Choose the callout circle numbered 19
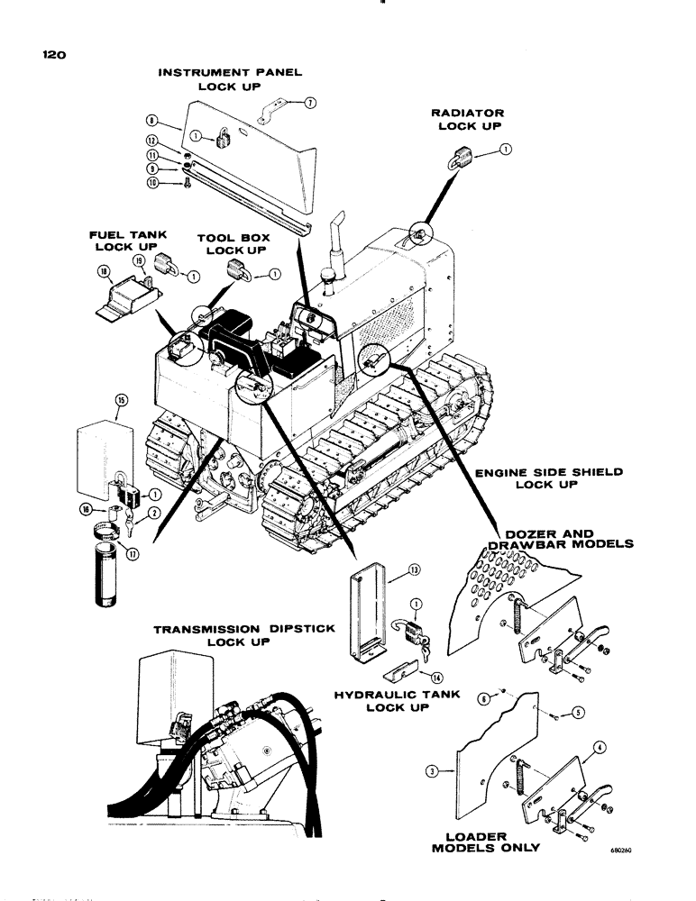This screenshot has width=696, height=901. (x=139, y=260)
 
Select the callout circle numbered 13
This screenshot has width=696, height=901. (x=414, y=570)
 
